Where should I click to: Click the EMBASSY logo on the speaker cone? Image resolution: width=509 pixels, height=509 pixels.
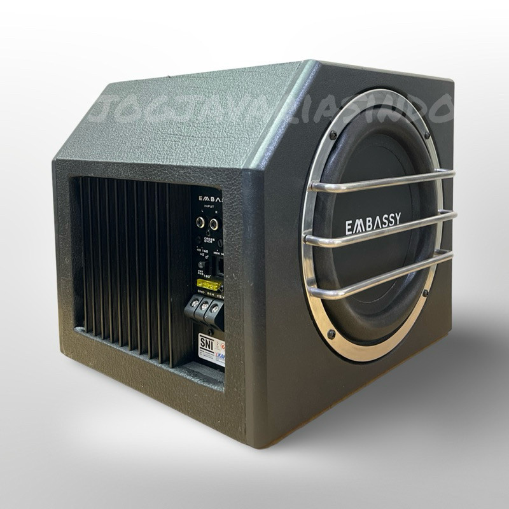coord(373,224)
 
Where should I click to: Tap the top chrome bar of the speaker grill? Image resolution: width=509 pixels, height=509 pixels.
coord(382,180)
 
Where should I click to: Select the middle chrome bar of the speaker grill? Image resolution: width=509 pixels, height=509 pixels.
coord(382,230)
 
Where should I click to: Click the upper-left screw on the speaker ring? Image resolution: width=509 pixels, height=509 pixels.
coord(332,135)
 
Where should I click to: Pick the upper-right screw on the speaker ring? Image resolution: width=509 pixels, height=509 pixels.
coord(426,136)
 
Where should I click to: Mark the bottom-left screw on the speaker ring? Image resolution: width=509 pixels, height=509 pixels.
coord(331,333)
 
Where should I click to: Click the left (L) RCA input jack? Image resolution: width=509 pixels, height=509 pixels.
coord(201,223)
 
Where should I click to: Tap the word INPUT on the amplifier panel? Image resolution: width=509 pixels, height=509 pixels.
coord(207,206)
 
